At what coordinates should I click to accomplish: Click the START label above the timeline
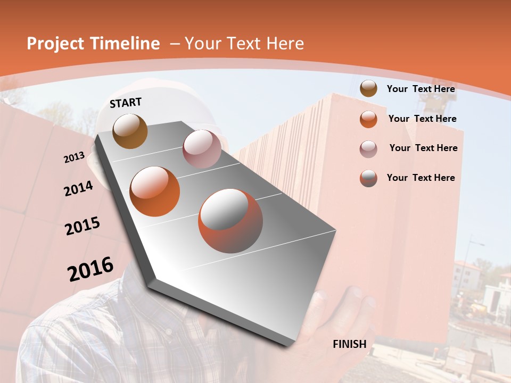pos(126,103)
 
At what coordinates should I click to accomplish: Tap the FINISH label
pos(350,344)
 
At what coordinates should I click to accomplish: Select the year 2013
pos(75,157)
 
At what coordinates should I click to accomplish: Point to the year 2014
pos(79,188)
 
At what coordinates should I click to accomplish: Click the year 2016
pos(90,269)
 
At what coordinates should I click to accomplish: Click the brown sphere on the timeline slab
pos(130,131)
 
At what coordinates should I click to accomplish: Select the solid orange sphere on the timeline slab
pos(155,191)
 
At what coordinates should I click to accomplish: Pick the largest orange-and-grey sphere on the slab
pos(230,221)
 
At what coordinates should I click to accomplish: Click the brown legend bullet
pos(368,89)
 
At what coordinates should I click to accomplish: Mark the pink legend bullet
pos(368,149)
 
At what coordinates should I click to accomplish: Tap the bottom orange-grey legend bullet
pos(368,178)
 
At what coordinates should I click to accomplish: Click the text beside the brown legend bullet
pos(421,89)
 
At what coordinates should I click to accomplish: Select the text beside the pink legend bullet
pos(423,148)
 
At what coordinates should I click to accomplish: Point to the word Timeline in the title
pos(126,44)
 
